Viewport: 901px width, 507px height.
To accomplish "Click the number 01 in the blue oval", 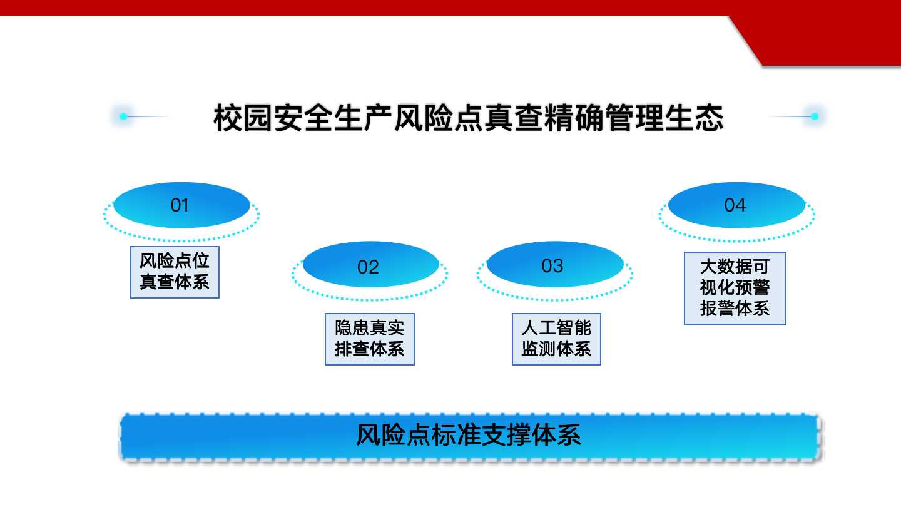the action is (x=180, y=205).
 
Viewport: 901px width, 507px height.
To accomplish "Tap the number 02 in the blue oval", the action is (x=368, y=267).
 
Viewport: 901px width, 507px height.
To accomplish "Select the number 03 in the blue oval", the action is (x=552, y=266).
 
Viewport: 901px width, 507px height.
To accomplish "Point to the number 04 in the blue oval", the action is (x=735, y=205).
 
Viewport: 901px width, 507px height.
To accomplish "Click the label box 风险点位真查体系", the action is (x=175, y=272).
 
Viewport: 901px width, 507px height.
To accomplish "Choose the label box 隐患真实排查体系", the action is (x=370, y=339).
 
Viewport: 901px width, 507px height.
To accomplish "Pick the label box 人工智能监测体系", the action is (x=556, y=339).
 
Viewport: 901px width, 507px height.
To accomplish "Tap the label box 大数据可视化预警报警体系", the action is (x=735, y=288).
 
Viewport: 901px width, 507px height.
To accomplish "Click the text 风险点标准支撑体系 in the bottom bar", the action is (x=469, y=435).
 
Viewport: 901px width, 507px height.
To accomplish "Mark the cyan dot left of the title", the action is (x=123, y=116).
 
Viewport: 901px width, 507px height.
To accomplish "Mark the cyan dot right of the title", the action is (x=815, y=116).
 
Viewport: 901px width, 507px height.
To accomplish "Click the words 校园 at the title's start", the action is (x=243, y=118).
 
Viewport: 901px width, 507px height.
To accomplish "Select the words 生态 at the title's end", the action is (x=694, y=118).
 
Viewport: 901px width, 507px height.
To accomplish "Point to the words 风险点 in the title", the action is (x=439, y=118).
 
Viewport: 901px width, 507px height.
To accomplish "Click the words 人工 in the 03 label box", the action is (x=539, y=328).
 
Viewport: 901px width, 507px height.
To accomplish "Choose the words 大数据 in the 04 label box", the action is (x=726, y=267).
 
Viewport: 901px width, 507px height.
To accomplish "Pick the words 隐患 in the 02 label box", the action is (x=352, y=328).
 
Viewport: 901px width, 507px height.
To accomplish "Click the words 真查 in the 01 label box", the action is (x=157, y=282).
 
